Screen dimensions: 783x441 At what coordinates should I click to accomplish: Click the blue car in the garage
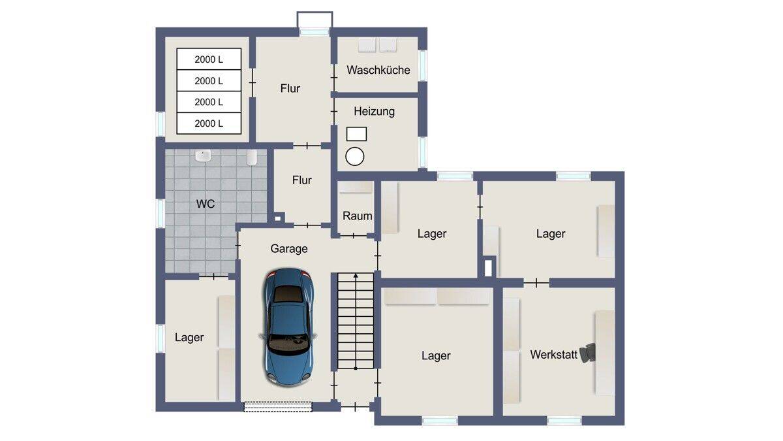tap(288, 327)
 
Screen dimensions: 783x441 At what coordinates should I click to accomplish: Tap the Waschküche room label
tap(378, 70)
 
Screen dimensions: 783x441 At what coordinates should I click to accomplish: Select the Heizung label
tap(374, 112)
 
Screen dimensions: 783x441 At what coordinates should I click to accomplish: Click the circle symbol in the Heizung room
tap(355, 156)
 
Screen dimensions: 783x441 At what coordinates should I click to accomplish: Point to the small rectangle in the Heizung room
tap(356, 134)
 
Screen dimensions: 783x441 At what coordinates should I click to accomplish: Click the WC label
tap(205, 204)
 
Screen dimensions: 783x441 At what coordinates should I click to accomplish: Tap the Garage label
tap(288, 249)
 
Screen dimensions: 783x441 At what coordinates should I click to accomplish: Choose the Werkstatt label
tap(553, 355)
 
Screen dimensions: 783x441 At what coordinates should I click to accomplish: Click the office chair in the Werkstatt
tap(587, 353)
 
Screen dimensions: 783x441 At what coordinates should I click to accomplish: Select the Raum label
tap(358, 216)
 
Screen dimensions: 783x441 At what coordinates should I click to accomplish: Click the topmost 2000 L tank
tap(209, 59)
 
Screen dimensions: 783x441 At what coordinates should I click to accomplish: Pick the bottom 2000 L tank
tap(209, 123)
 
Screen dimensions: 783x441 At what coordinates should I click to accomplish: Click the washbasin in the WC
tap(203, 155)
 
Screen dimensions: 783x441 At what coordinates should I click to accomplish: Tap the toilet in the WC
tap(252, 157)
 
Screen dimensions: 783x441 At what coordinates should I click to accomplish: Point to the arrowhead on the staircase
tap(356, 276)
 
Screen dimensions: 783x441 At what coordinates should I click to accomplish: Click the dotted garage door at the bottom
tap(278, 406)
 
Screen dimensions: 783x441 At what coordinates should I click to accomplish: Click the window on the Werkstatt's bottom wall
tap(564, 421)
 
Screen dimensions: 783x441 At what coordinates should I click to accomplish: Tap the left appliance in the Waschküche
tap(367, 45)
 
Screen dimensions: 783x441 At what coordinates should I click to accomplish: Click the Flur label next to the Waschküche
tap(290, 89)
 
